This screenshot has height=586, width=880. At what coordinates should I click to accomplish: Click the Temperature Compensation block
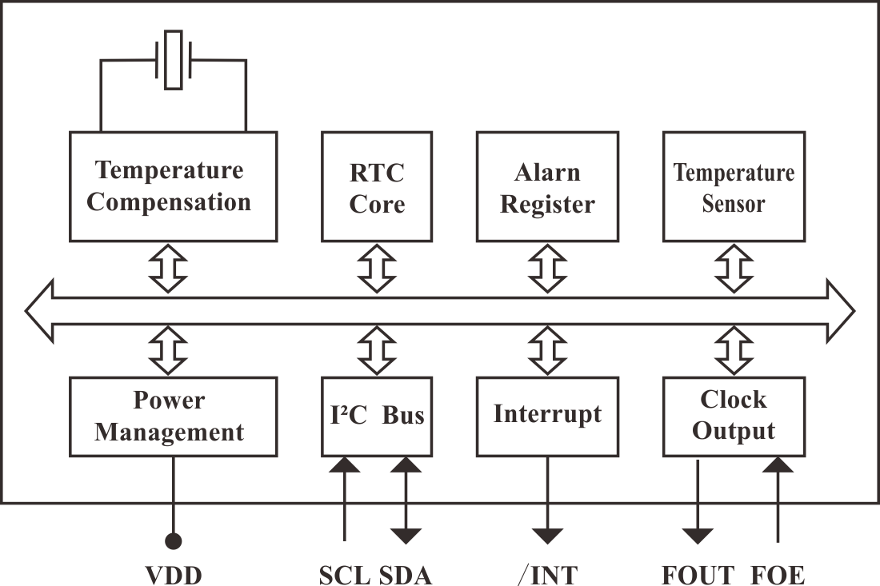coord(173,186)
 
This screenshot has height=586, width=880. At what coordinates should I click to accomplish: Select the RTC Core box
coord(377,186)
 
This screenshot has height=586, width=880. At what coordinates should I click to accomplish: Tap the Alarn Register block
coord(547,186)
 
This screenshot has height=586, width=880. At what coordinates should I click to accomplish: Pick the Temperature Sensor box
coord(734,186)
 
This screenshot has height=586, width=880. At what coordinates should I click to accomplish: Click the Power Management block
coord(173,417)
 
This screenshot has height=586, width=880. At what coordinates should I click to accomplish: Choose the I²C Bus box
coord(377,417)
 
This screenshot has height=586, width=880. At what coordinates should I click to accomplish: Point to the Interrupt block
coord(547,417)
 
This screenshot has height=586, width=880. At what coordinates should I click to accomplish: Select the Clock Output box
coord(734,417)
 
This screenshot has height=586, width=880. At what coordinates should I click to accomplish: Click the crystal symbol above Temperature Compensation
coord(173,61)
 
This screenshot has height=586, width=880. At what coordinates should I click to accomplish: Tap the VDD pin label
coord(173,574)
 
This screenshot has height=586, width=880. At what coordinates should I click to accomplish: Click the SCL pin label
coord(345,574)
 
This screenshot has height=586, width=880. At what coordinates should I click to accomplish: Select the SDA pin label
coord(404,574)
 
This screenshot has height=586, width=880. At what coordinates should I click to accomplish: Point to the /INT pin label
coord(548,574)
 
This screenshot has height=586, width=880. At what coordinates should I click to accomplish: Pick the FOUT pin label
coord(698,574)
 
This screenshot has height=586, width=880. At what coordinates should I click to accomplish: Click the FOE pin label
coord(778,574)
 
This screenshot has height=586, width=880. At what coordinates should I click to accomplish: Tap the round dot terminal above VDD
coord(173,542)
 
